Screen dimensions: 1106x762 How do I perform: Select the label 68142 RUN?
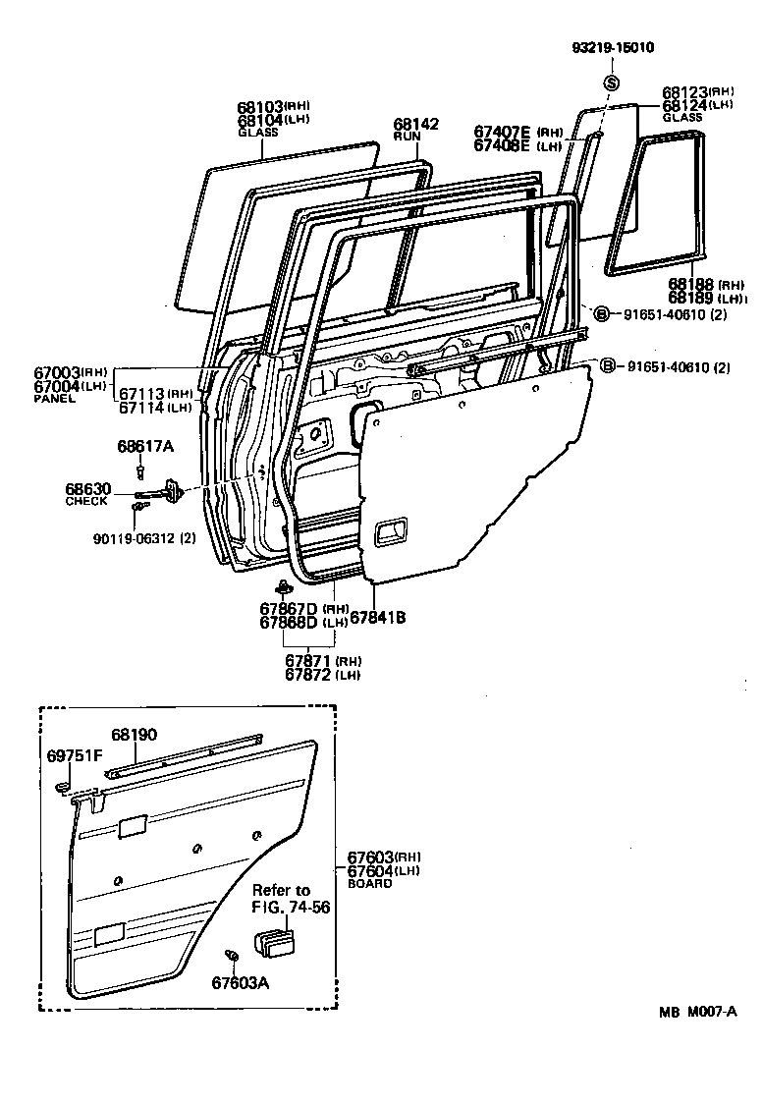pyautogui.click(x=415, y=130)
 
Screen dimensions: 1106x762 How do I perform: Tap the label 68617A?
pyautogui.click(x=144, y=447)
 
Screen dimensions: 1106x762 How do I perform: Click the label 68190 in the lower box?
pyautogui.click(x=133, y=734)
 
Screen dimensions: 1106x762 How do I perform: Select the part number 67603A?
pyautogui.click(x=240, y=981)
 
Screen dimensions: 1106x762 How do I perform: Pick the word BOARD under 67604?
pyautogui.click(x=368, y=883)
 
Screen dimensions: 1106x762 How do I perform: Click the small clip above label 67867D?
pyautogui.click(x=283, y=588)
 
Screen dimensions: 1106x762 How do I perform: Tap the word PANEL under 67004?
pyautogui.click(x=54, y=399)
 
